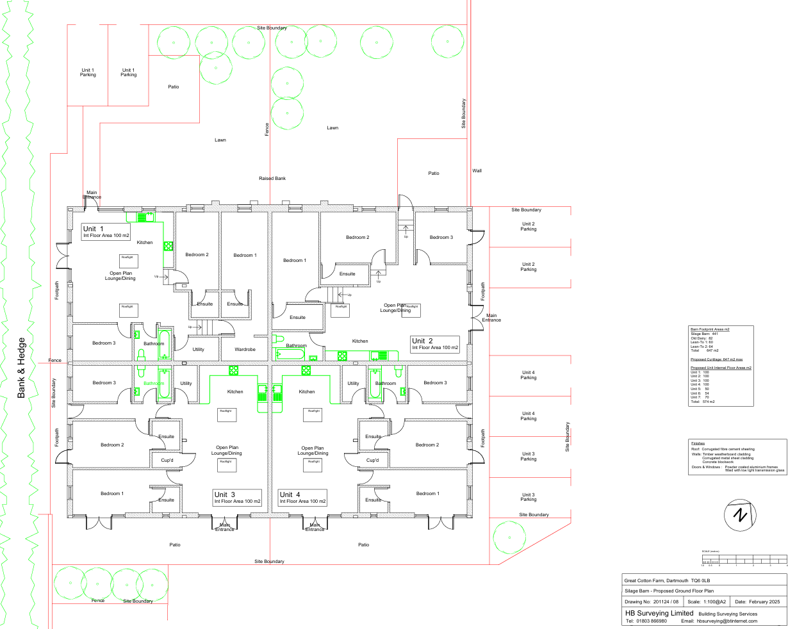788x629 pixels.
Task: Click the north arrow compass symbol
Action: (x=741, y=514)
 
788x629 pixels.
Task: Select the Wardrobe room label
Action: (x=245, y=350)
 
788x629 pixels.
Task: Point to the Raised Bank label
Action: (x=272, y=178)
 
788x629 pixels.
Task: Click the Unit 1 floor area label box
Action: (x=106, y=232)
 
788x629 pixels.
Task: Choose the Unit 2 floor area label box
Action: (x=435, y=344)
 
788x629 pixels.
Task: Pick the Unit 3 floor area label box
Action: (x=238, y=498)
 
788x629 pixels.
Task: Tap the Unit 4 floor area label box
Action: (x=302, y=498)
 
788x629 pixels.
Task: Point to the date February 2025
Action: (x=757, y=602)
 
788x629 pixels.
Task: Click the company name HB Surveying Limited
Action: (x=659, y=613)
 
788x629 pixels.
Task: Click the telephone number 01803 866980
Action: (x=646, y=621)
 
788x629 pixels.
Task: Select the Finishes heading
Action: (x=698, y=443)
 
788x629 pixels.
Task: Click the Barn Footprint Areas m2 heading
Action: (x=710, y=329)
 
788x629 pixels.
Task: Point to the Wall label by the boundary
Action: (x=477, y=171)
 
